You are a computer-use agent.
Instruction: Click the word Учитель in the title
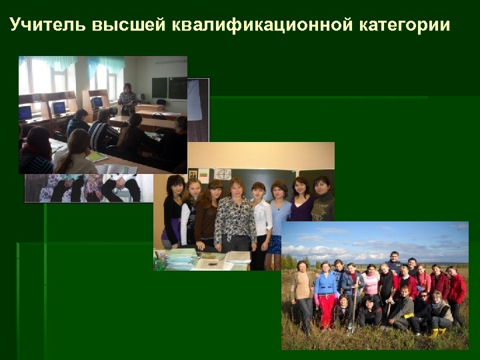(x=47, y=26)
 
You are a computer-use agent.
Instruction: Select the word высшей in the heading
(x=129, y=26)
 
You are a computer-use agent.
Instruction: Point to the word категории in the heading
(x=405, y=26)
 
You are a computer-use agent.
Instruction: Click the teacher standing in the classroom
(x=127, y=101)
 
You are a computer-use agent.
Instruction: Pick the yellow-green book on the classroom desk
(x=97, y=157)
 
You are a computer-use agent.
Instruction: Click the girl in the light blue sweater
(x=279, y=217)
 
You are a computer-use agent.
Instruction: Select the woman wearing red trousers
(x=326, y=297)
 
